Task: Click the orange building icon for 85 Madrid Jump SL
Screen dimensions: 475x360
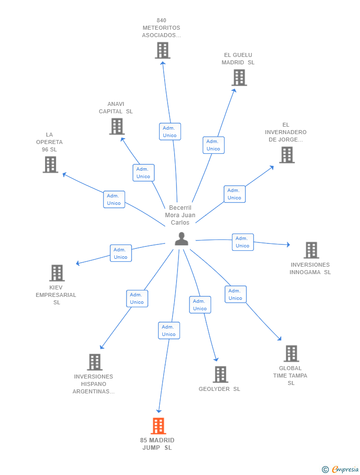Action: [x=158, y=426]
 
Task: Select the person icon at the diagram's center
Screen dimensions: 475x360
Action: [x=181, y=239]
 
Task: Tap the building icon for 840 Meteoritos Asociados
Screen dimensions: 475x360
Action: [x=162, y=50]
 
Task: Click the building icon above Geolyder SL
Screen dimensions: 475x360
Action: [x=221, y=375]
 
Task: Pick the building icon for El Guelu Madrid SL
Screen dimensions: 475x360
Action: [x=239, y=78]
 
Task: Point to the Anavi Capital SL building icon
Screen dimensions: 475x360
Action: [x=117, y=126]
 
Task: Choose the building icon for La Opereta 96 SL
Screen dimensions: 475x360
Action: [x=50, y=165]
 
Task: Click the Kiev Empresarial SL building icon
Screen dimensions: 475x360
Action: [x=57, y=273]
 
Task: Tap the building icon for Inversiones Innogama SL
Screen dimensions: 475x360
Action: [x=311, y=250]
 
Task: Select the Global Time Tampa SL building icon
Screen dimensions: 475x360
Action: [x=291, y=354]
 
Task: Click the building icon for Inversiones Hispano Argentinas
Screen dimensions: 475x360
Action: [x=94, y=362]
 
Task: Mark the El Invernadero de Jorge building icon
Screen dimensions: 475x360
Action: [x=286, y=155]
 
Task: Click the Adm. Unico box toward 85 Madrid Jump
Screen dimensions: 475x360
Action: [x=169, y=331]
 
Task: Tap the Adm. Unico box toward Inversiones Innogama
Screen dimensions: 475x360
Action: [x=242, y=242]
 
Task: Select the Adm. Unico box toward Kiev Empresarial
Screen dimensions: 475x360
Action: [x=121, y=253]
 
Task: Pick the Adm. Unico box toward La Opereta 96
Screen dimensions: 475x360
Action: [x=114, y=199]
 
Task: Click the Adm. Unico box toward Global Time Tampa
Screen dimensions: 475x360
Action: [x=235, y=294]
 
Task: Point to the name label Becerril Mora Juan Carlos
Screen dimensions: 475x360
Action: [x=180, y=215]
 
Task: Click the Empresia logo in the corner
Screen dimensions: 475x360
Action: [x=341, y=469]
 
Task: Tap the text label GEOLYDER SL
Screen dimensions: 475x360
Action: [x=220, y=389]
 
